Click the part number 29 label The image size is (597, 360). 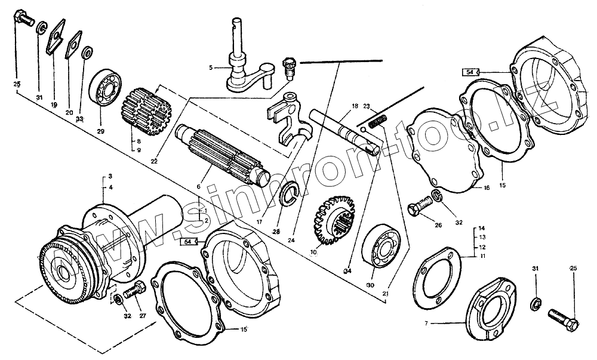(100, 131)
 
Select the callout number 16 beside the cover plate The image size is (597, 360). (487, 187)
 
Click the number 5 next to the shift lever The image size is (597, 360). (211, 68)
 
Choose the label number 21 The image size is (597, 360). (386, 293)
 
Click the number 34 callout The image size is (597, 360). (348, 270)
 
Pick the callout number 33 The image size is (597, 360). (79, 119)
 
